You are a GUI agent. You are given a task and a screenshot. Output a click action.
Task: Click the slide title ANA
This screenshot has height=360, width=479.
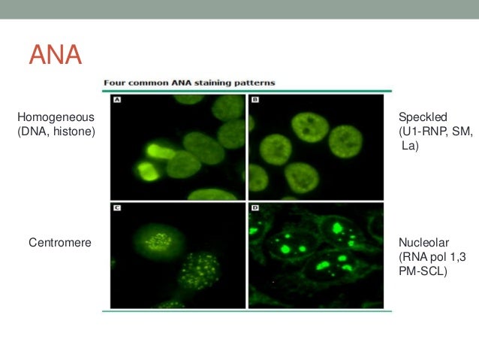tap(54, 55)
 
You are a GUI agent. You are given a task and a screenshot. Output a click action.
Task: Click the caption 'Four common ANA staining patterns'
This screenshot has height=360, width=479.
tap(188, 83)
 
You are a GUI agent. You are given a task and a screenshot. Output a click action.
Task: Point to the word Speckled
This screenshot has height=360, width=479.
tap(423, 117)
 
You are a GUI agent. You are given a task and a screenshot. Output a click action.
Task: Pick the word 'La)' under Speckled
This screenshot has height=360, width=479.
tap(409, 147)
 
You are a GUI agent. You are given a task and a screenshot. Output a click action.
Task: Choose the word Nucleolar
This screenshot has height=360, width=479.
tap(424, 243)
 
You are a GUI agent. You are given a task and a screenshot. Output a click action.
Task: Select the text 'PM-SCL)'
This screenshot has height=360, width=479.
tap(423, 272)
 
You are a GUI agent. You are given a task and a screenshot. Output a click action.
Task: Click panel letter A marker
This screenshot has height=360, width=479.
tap(118, 99)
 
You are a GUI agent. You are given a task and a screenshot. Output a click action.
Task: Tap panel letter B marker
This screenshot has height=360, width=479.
tap(255, 99)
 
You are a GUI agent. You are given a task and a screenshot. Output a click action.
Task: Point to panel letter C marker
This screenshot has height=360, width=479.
tap(118, 208)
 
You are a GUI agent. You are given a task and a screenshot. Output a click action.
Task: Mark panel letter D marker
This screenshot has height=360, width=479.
tap(255, 208)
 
